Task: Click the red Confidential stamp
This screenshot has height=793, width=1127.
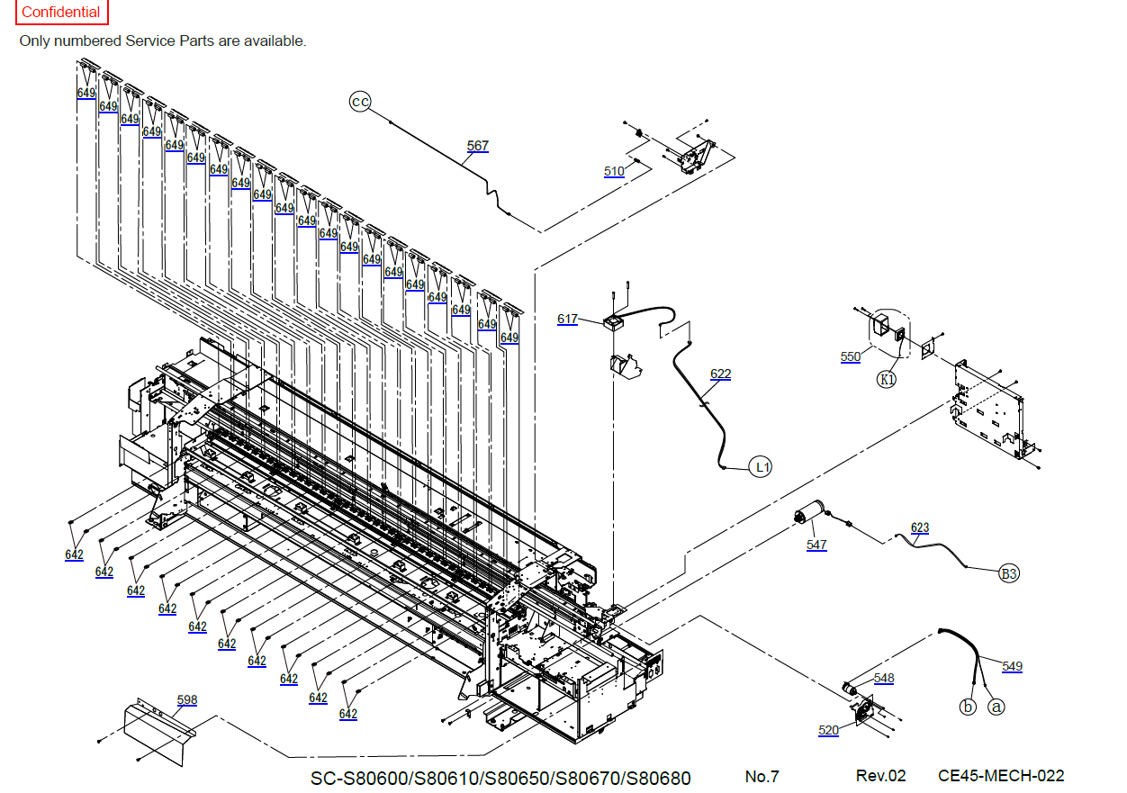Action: pyautogui.click(x=61, y=13)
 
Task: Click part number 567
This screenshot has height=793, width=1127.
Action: pyautogui.click(x=478, y=146)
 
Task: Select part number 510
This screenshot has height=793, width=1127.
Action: pyautogui.click(x=614, y=171)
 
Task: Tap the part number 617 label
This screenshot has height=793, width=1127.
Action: pyautogui.click(x=567, y=319)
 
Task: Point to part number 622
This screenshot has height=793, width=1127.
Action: pyautogui.click(x=720, y=374)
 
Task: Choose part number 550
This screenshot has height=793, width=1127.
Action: pyautogui.click(x=850, y=356)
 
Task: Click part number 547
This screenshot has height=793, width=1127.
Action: pyautogui.click(x=816, y=545)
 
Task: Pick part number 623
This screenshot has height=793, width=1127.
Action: pyautogui.click(x=920, y=527)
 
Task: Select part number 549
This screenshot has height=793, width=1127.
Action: pyautogui.click(x=1012, y=666)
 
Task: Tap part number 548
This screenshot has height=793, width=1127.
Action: pyautogui.click(x=884, y=678)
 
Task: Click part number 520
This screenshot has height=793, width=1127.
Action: pyautogui.click(x=828, y=730)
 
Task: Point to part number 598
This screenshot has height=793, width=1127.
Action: pyautogui.click(x=187, y=699)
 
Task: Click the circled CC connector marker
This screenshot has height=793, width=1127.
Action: pyautogui.click(x=360, y=102)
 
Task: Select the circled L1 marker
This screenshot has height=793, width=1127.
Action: pyautogui.click(x=762, y=467)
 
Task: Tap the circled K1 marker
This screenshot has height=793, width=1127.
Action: pyautogui.click(x=888, y=379)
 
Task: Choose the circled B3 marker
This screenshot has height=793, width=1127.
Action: pyautogui.click(x=1010, y=572)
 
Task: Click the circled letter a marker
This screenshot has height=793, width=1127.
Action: pyautogui.click(x=996, y=707)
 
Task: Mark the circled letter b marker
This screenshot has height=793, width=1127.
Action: pyautogui.click(x=968, y=707)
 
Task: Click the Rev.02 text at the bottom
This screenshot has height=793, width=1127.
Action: pyautogui.click(x=880, y=776)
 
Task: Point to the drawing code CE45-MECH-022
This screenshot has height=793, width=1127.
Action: pyautogui.click(x=1001, y=776)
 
